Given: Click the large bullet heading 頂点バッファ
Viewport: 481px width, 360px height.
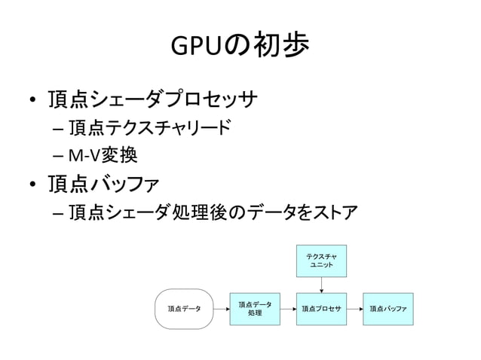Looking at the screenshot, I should click(x=110, y=185).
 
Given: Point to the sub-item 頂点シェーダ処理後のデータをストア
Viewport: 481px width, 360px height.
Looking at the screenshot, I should click(x=212, y=212).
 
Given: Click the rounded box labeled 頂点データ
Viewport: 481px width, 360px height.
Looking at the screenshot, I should click(x=184, y=309).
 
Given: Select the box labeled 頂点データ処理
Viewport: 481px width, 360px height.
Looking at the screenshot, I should click(x=255, y=309).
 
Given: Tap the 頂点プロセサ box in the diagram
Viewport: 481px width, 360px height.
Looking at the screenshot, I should click(x=321, y=309).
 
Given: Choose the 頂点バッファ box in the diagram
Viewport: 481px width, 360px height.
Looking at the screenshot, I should click(x=388, y=309).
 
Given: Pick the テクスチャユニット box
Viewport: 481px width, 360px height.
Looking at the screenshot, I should click(x=322, y=261).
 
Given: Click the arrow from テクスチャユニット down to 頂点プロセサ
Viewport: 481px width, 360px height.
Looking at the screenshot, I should click(x=322, y=285).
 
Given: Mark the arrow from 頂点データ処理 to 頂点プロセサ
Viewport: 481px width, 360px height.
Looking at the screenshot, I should click(x=288, y=309).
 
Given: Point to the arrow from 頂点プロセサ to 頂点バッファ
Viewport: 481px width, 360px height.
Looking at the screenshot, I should click(x=355, y=309).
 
